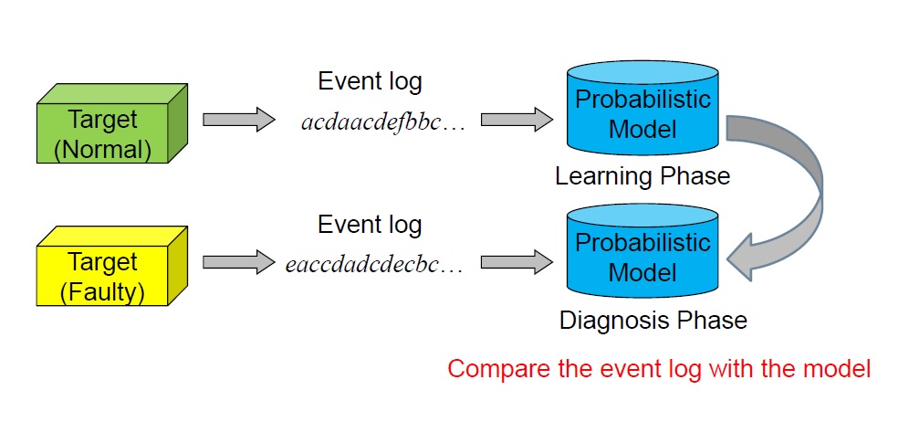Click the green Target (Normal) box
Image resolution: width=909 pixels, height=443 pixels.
pyautogui.click(x=112, y=123)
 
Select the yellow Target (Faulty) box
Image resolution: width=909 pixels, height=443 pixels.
pyautogui.click(x=112, y=266)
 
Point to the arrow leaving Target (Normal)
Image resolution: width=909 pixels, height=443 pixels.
pyautogui.click(x=239, y=120)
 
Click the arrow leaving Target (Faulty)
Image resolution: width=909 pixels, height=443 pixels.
pyautogui.click(x=239, y=262)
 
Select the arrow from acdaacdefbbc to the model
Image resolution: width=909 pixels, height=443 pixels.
pyautogui.click(x=517, y=120)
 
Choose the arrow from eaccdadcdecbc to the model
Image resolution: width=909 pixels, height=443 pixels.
pyautogui.click(x=517, y=262)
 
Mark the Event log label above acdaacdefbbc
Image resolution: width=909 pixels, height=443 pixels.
pyautogui.click(x=370, y=82)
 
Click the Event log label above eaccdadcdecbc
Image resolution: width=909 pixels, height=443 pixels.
pyautogui.click(x=370, y=225)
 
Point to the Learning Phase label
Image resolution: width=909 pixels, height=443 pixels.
pyautogui.click(x=643, y=176)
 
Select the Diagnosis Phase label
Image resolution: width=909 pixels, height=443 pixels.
pyautogui.click(x=653, y=320)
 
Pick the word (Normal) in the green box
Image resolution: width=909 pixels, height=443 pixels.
pyautogui.click(x=102, y=150)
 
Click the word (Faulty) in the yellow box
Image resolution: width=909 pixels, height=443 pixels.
pyautogui.click(x=102, y=292)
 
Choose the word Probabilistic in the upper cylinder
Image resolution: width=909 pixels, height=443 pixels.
pyautogui.click(x=643, y=100)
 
